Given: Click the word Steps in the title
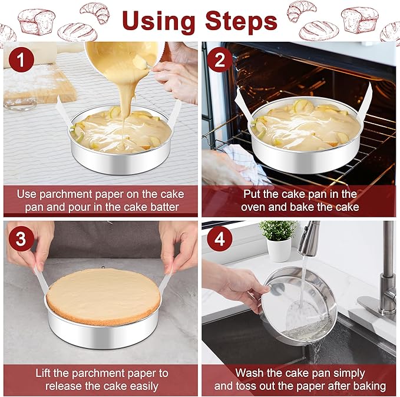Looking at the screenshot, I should (x=241, y=21).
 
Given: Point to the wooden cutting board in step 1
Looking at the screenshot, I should (x=41, y=85).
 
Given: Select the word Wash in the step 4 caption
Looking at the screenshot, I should (x=250, y=373).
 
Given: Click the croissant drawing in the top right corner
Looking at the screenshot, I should (x=302, y=10).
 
